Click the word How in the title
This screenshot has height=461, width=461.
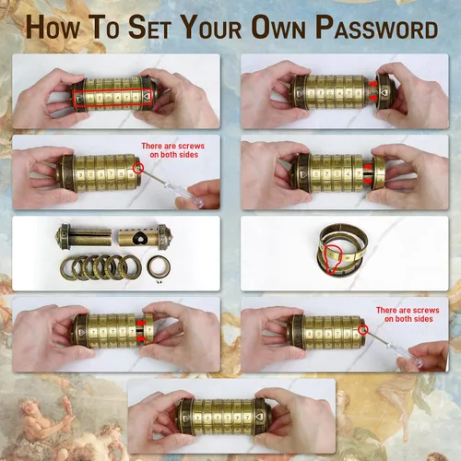(53, 27)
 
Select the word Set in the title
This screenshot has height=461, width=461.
(149, 27)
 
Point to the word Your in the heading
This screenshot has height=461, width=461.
(211, 27)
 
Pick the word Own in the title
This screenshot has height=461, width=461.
(278, 27)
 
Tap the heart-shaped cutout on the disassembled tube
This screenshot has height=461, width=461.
(141, 238)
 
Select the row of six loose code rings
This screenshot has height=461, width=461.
(100, 267)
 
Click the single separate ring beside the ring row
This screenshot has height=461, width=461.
(159, 266)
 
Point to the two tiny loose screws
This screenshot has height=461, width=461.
(160, 281)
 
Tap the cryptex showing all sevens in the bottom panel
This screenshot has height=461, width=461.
(223, 417)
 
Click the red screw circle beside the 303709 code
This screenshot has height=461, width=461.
(138, 168)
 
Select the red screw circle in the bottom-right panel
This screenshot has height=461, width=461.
(363, 330)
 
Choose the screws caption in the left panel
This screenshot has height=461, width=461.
(173, 150)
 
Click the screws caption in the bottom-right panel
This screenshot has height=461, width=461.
(408, 314)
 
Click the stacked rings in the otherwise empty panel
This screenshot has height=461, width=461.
(342, 249)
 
